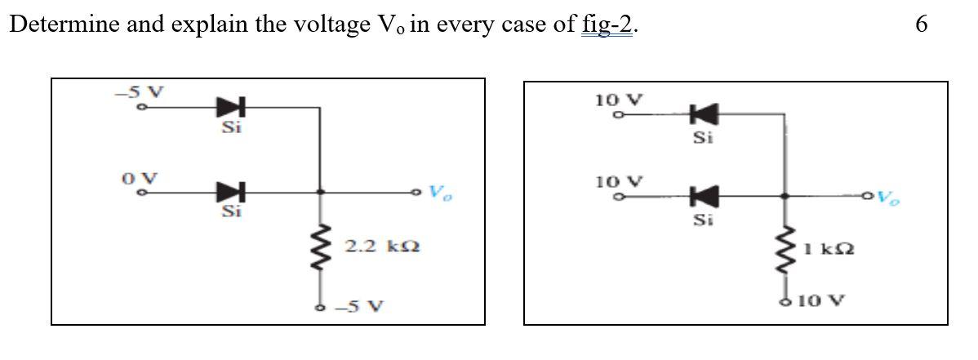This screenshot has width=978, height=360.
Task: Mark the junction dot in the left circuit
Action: point(319,193)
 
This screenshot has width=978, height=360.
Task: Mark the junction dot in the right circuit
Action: point(785,196)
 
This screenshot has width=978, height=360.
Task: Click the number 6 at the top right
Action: point(921,25)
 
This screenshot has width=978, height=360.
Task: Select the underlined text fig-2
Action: point(607,25)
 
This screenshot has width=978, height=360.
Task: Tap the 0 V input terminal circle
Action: point(142,193)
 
